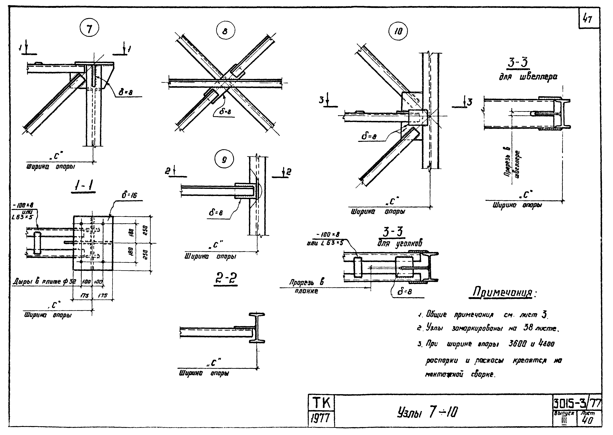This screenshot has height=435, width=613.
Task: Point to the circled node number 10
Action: click(398, 32)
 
